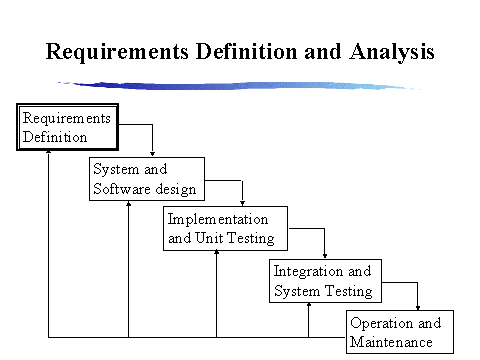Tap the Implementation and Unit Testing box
225,229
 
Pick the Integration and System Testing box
323,281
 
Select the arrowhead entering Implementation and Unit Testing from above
243,203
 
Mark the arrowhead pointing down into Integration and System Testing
325,255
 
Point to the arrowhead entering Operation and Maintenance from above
418,308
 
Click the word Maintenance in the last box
391,343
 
